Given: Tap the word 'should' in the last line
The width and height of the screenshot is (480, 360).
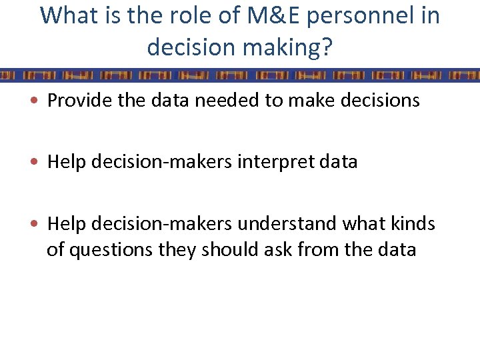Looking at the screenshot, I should pos(223,250).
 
